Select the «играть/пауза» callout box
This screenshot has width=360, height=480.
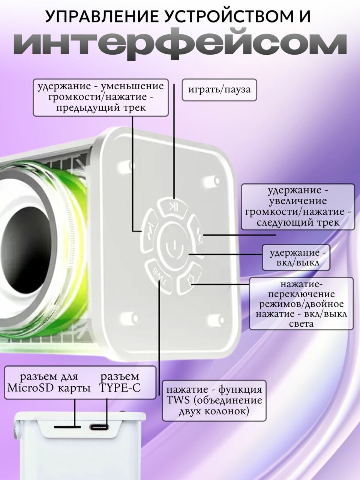[219, 90]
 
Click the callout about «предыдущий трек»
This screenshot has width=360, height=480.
[100, 97]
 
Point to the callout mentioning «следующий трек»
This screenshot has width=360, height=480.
[298, 206]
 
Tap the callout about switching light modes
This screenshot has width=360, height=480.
[301, 303]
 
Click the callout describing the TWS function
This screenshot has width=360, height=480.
[214, 400]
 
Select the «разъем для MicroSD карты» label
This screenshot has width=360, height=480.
[49, 382]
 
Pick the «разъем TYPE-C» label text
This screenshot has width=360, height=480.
[120, 382]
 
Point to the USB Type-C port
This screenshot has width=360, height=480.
[99, 427]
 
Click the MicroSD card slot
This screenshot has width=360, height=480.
[67, 427]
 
